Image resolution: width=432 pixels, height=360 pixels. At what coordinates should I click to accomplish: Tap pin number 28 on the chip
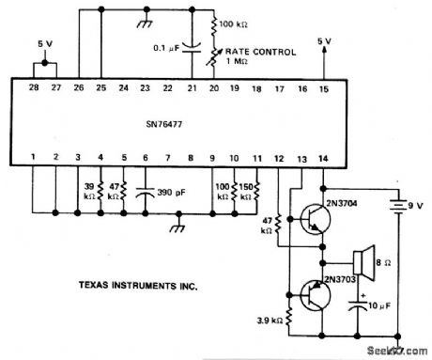coord(34,87)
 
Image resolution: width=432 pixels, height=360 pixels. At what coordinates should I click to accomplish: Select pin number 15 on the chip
coord(324,87)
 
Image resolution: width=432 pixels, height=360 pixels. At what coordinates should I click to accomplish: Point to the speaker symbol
coord(360,258)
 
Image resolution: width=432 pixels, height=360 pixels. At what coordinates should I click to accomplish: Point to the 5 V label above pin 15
coord(324,41)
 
